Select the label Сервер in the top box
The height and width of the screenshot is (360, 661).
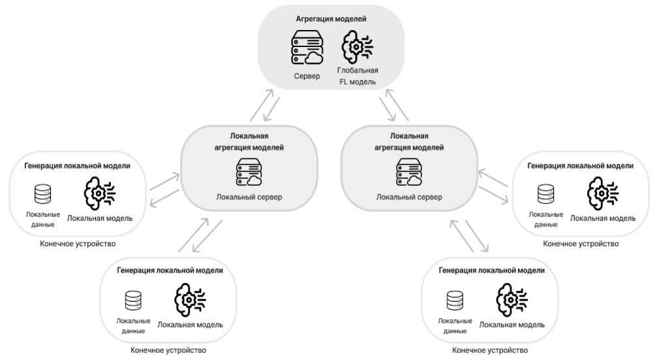[x=307, y=76]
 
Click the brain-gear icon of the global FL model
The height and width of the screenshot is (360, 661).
[x=358, y=47]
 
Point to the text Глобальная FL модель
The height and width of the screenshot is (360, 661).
[x=358, y=76]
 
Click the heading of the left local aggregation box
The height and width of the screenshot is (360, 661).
[x=249, y=142]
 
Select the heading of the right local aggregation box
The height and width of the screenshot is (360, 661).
[x=409, y=142]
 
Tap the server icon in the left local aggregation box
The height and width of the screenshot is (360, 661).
[x=249, y=172]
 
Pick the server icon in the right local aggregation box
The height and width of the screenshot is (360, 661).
[x=409, y=172]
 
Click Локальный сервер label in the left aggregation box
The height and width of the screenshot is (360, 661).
[x=249, y=198]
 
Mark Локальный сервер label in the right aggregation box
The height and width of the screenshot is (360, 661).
[x=409, y=198]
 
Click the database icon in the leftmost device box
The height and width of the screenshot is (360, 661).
[x=43, y=194]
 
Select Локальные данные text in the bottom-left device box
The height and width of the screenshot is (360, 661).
[x=133, y=326]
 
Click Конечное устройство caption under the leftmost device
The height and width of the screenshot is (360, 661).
[x=77, y=244]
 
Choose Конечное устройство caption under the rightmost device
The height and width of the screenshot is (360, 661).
[x=581, y=244]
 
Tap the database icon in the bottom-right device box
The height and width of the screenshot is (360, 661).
[x=455, y=300]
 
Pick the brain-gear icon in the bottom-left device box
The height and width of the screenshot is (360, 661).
[x=190, y=300]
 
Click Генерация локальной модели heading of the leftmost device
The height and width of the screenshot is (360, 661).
[x=77, y=166]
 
